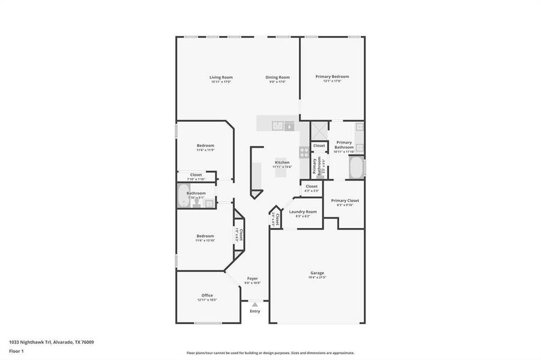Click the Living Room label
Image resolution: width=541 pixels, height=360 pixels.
221,77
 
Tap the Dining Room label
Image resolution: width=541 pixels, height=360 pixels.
278,77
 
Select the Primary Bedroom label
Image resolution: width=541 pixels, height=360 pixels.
332,76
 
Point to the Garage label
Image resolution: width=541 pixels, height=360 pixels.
317,272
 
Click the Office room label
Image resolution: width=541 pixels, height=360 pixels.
207,295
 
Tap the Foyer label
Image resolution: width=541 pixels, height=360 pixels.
253,278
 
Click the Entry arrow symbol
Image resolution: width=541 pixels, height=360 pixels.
255,305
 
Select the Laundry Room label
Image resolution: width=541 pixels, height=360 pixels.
303,211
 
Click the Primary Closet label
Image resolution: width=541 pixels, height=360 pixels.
345,200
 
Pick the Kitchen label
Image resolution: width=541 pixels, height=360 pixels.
282,162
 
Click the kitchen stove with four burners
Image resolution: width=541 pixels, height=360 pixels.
304,151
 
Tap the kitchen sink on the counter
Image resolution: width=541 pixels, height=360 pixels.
278,125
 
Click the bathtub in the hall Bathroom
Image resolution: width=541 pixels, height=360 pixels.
183,196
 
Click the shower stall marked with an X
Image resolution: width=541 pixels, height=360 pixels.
318,130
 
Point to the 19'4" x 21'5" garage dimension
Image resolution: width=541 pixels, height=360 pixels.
317,277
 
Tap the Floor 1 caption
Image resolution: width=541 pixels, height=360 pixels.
16,350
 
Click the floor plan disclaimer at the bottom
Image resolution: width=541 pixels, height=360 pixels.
270,353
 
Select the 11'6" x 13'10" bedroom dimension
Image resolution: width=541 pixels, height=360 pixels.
205,241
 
